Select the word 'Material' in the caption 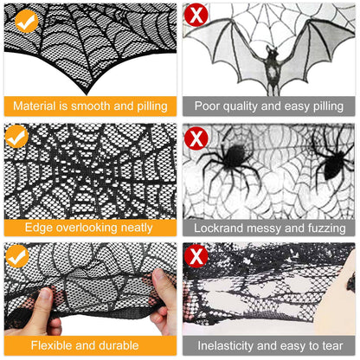point(38,106)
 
